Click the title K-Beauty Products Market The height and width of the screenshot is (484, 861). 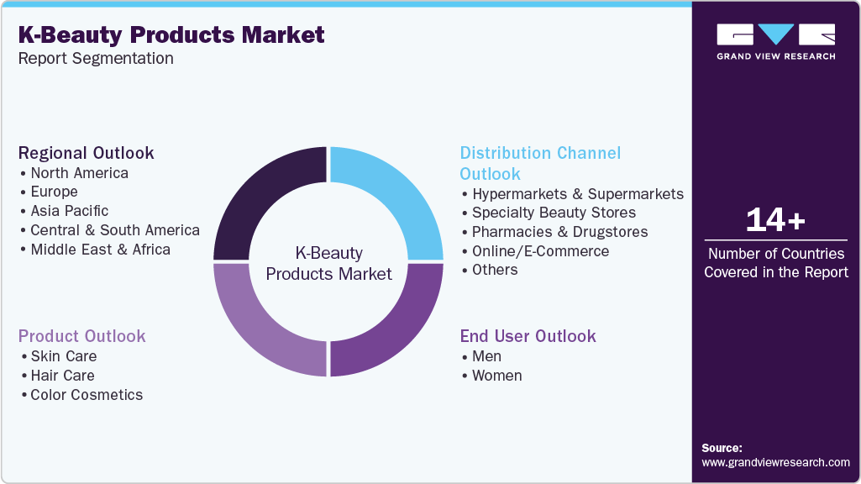click(x=171, y=34)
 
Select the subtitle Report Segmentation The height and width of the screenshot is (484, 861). click(x=96, y=59)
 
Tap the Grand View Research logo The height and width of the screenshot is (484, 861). click(x=775, y=41)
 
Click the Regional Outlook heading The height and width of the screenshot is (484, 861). click(x=87, y=153)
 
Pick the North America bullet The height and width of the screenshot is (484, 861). click(x=79, y=173)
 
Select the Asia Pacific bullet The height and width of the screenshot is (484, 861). click(x=69, y=211)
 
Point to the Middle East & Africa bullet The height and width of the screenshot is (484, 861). click(x=100, y=250)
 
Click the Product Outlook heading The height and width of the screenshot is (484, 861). click(x=83, y=336)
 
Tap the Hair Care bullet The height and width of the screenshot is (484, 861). click(x=62, y=376)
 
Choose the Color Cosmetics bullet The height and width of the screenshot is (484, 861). click(x=87, y=395)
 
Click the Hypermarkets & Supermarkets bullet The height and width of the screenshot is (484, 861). click(x=577, y=194)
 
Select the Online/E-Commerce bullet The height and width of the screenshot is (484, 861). click(x=540, y=251)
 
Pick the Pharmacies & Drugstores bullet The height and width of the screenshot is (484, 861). click(x=559, y=232)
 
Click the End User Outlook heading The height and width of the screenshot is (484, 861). click(x=528, y=336)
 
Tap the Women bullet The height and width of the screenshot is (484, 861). click(x=496, y=376)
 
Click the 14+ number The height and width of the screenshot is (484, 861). click(x=775, y=220)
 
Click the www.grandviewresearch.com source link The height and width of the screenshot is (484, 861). click(x=775, y=462)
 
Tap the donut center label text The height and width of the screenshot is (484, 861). click(x=328, y=263)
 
